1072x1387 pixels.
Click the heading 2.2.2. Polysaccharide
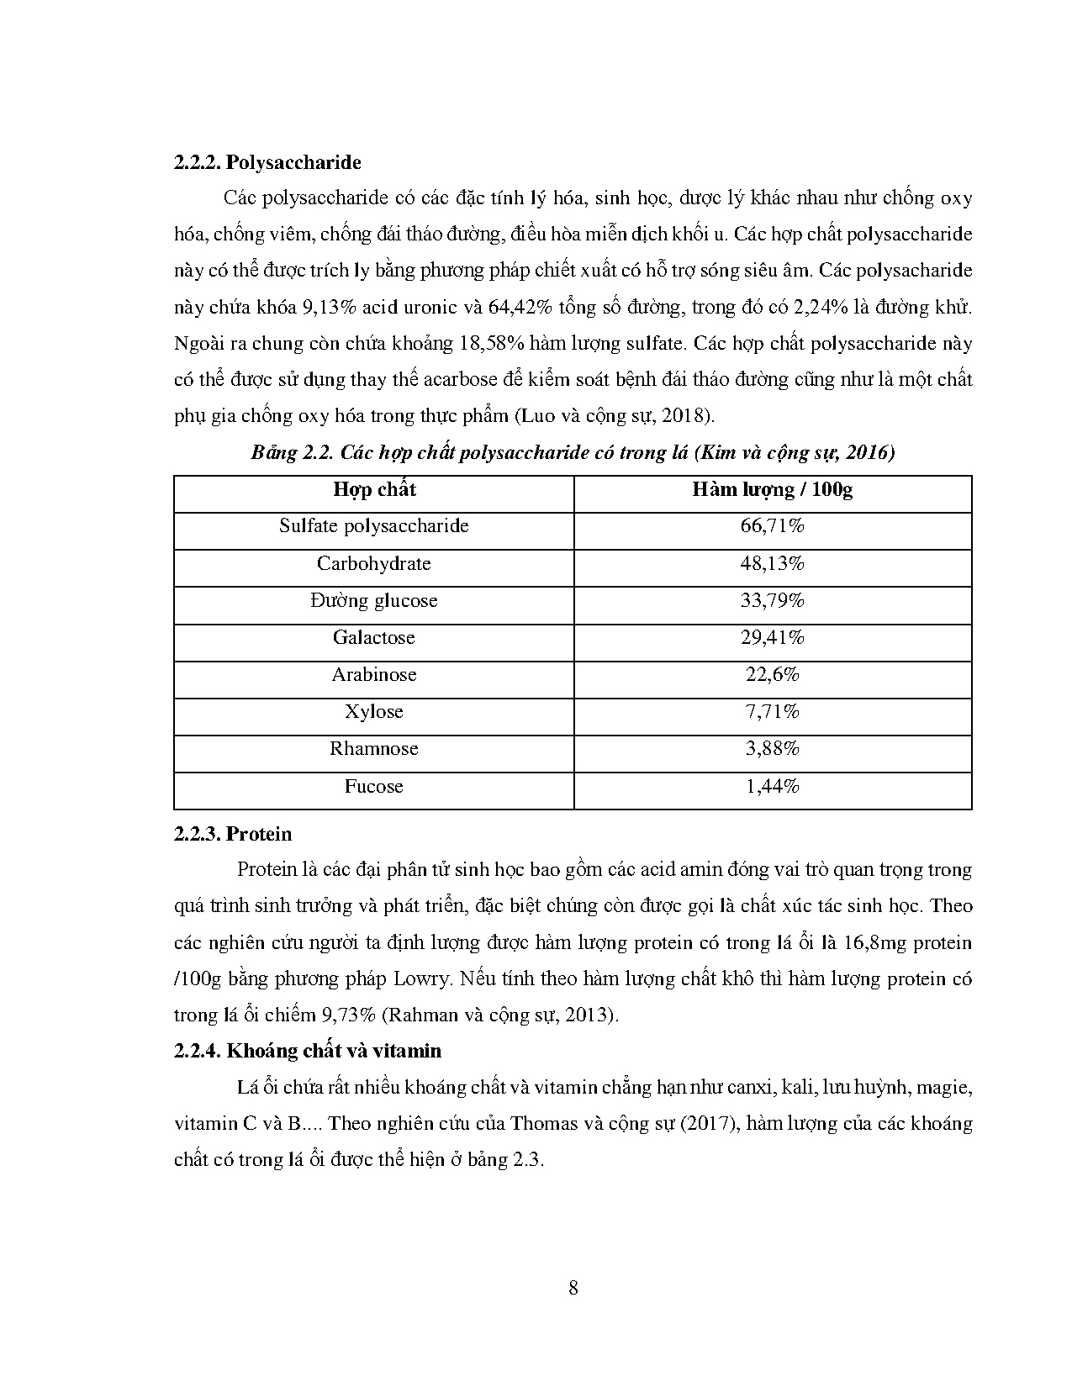(x=267, y=162)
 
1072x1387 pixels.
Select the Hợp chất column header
(x=374, y=489)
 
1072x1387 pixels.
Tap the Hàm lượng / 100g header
(x=772, y=489)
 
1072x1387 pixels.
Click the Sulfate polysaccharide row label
(x=374, y=526)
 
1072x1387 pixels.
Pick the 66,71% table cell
(x=772, y=526)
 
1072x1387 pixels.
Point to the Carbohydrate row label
(x=374, y=563)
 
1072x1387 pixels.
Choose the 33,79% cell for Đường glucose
(x=772, y=601)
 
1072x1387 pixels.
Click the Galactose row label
(x=374, y=638)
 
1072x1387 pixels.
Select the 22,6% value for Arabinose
(x=772, y=675)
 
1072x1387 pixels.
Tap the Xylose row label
(x=374, y=712)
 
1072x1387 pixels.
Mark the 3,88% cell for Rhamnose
(x=772, y=749)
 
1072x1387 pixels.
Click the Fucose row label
(x=374, y=787)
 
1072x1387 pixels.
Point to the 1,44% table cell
(x=772, y=787)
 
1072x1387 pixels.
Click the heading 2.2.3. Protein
(x=233, y=834)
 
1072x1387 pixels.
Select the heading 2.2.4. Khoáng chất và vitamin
(x=308, y=1051)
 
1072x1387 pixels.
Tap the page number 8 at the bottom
(x=573, y=1288)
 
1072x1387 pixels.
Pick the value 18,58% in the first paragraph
(x=491, y=344)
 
